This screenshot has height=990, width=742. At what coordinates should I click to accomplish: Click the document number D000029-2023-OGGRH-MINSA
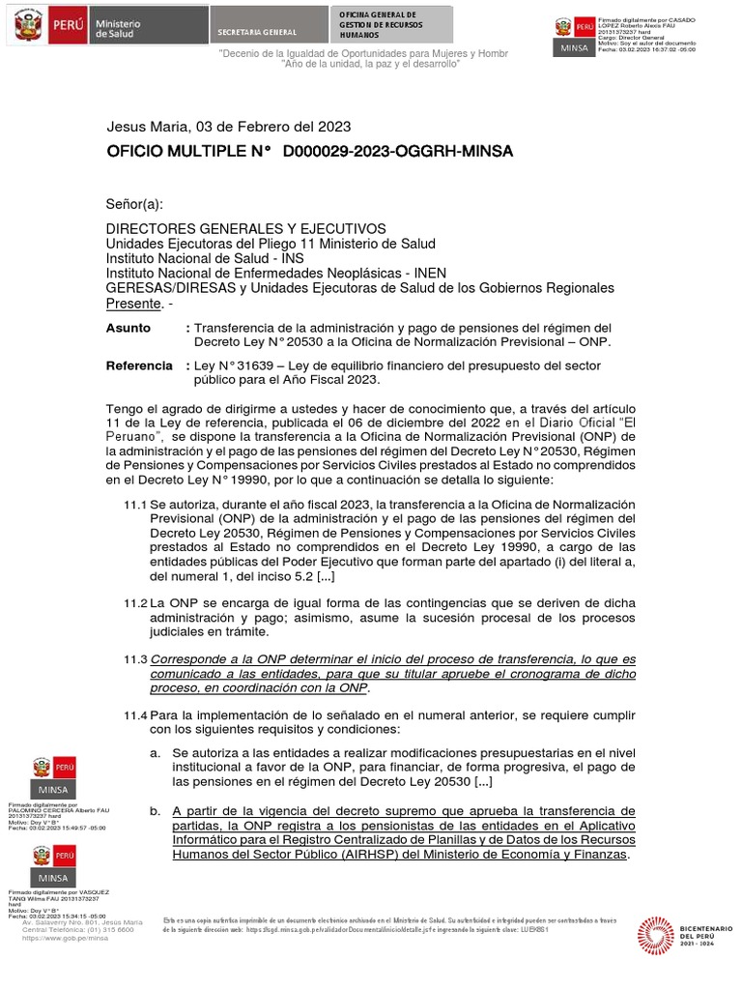click(x=397, y=152)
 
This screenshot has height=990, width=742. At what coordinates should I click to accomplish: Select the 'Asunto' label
click(x=128, y=328)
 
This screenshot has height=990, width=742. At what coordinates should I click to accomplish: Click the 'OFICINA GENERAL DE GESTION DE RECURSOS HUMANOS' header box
click(x=391, y=24)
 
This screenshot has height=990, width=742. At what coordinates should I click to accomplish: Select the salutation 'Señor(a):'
click(x=134, y=204)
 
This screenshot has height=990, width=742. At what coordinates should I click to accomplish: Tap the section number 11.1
click(x=134, y=506)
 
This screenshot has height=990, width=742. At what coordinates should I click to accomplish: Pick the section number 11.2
click(x=134, y=602)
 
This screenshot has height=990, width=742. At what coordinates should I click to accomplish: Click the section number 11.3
click(x=134, y=658)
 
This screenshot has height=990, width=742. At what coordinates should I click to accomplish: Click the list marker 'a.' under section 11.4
click(x=155, y=752)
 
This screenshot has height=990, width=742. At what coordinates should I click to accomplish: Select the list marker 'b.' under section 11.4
click(x=155, y=810)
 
